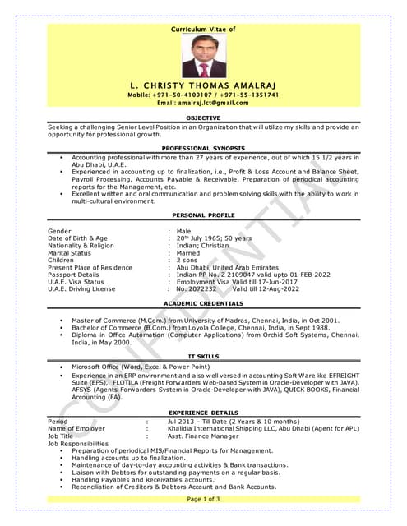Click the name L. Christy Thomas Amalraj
coord(203,85)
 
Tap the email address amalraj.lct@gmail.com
coord(203,103)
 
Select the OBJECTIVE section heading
coord(203,118)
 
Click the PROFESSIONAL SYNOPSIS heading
coord(203,147)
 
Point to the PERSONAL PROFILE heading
coord(203,214)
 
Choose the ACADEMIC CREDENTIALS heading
coord(203,303)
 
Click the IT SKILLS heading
coord(203,355)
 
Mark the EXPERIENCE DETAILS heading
coord(203,412)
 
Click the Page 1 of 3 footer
coord(203,499)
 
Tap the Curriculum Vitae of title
coord(203,29)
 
